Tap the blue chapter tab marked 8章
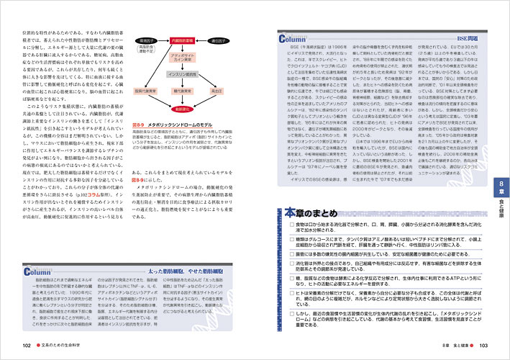(501, 186)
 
